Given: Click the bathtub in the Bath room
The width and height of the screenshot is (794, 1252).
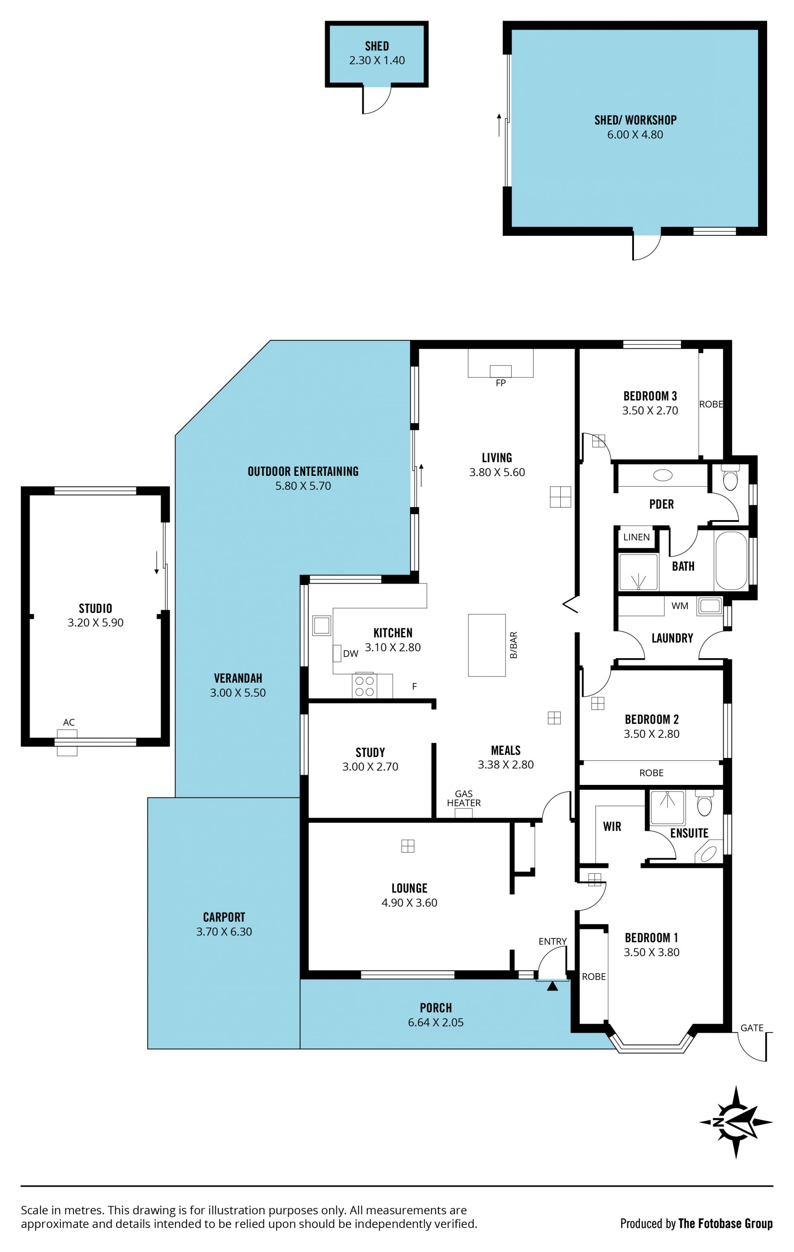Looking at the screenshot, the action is click(731, 561).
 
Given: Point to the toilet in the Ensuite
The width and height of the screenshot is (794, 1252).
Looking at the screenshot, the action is click(704, 804).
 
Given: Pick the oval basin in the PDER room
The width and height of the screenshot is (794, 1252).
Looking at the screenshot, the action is click(662, 475).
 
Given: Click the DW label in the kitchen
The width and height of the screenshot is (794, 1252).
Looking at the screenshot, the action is click(351, 654).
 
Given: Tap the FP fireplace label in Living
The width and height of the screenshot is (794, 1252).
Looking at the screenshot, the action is click(500, 383).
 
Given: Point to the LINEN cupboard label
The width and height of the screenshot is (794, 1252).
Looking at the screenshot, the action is click(636, 537).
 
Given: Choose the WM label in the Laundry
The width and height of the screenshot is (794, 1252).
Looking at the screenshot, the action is click(680, 606).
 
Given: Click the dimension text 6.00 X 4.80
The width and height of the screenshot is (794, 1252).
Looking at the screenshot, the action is click(635, 134).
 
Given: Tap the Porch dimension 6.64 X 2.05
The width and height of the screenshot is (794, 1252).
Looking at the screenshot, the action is click(435, 1022).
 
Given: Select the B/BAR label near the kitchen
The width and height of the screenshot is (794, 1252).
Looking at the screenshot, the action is click(513, 645).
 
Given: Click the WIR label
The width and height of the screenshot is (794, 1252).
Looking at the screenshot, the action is click(612, 827).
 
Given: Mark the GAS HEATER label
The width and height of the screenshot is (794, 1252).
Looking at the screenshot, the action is click(464, 798).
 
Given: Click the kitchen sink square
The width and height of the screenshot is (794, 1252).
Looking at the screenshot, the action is click(322, 626).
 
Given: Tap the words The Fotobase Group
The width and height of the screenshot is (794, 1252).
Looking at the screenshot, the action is click(725, 1223).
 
